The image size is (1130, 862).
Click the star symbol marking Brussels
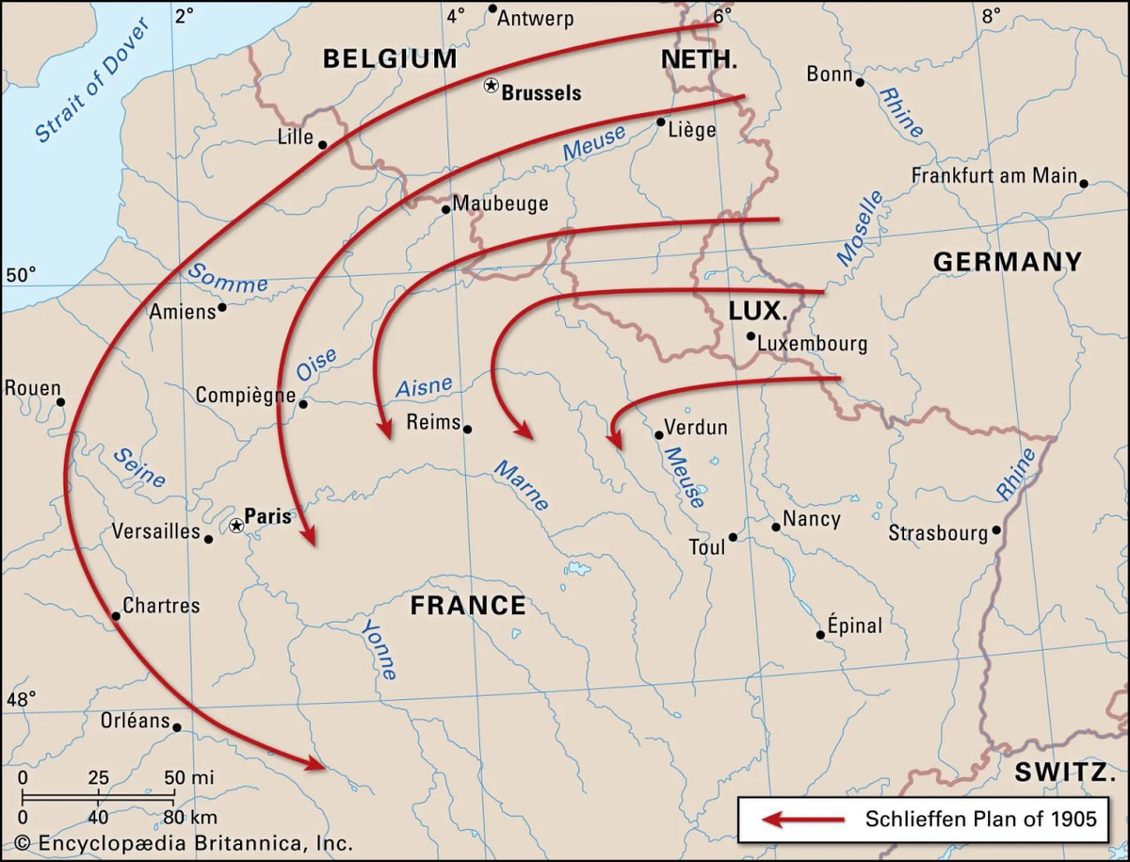491,86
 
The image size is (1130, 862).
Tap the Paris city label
267,516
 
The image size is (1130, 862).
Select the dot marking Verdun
659,434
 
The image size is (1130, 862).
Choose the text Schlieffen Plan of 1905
981,819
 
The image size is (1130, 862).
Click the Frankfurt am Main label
993,176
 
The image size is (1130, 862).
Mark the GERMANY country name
1008,262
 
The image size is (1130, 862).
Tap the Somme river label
227,278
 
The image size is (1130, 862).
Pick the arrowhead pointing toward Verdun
613,438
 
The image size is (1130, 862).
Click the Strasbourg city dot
996,530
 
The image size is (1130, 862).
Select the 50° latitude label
21,275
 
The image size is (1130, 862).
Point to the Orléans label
135,721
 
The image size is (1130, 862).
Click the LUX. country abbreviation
757,310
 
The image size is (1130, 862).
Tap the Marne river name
522,485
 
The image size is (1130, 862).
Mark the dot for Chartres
116,615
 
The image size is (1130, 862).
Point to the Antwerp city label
535,18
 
